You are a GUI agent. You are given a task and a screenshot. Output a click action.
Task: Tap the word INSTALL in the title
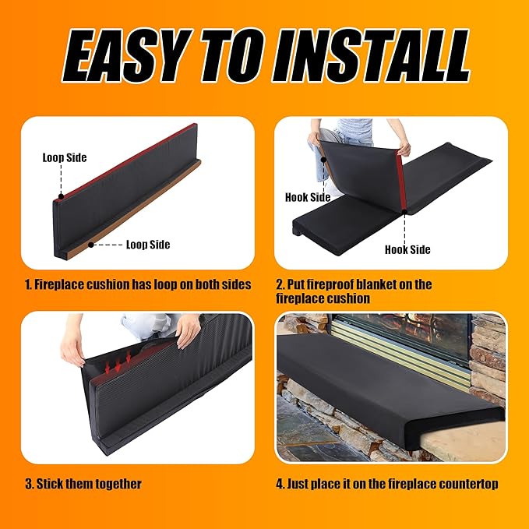(x=371, y=55)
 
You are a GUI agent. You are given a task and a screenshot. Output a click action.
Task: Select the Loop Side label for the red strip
(x=65, y=157)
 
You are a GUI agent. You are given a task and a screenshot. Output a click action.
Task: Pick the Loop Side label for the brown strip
(x=148, y=245)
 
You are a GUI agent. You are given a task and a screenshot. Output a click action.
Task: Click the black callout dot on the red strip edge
(x=61, y=196)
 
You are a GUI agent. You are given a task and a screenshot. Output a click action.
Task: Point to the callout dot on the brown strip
(x=90, y=245)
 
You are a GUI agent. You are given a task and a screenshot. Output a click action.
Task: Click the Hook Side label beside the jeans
(x=308, y=197)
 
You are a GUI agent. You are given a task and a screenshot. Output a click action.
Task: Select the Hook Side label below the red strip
(x=407, y=249)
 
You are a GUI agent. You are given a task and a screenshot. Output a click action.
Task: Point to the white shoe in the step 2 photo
(x=333, y=189)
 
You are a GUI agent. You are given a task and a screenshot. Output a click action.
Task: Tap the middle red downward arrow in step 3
(x=118, y=365)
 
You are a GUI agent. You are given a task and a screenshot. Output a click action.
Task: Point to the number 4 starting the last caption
(x=280, y=484)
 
